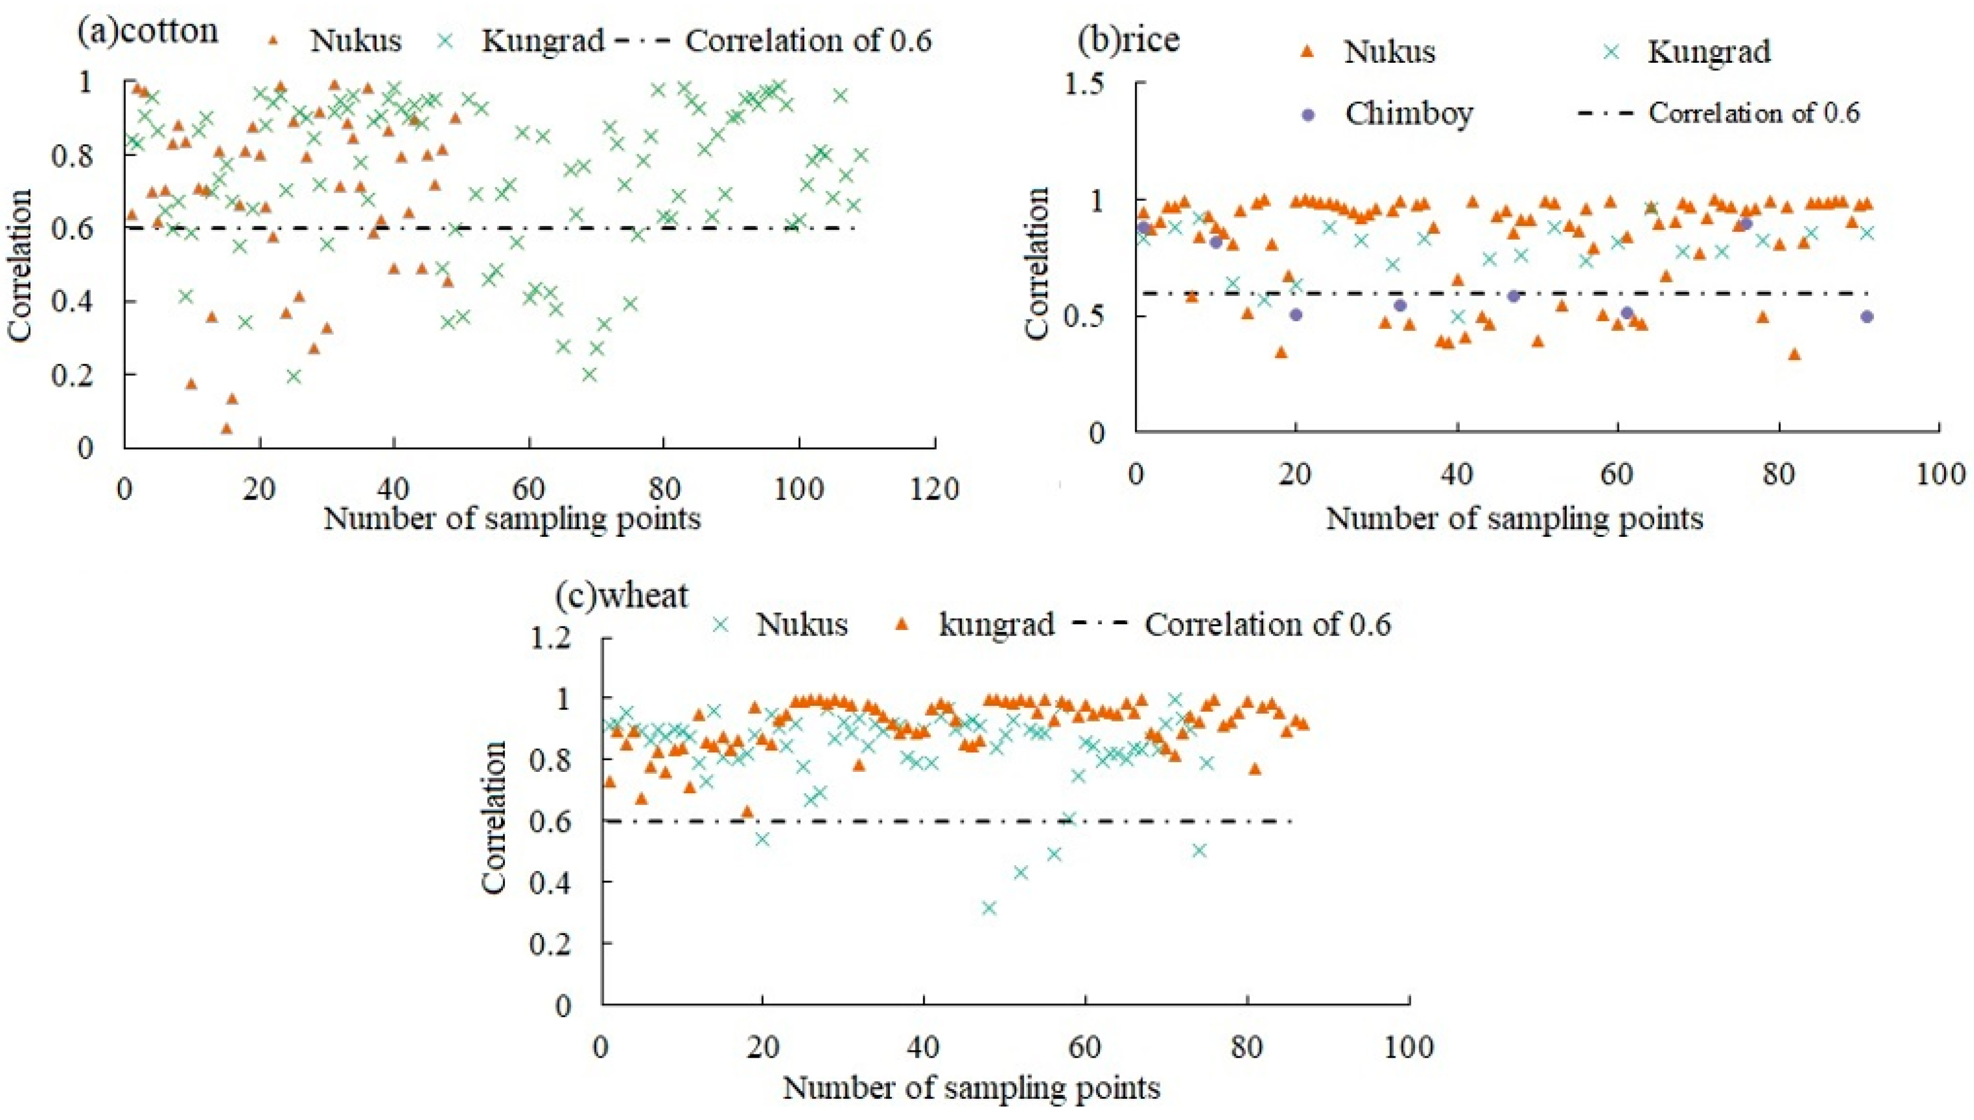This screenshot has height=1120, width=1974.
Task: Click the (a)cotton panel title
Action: tap(148, 31)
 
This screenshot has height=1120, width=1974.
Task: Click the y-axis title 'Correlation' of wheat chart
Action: tap(494, 817)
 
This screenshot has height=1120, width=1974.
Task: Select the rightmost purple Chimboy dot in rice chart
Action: tap(1866, 317)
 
